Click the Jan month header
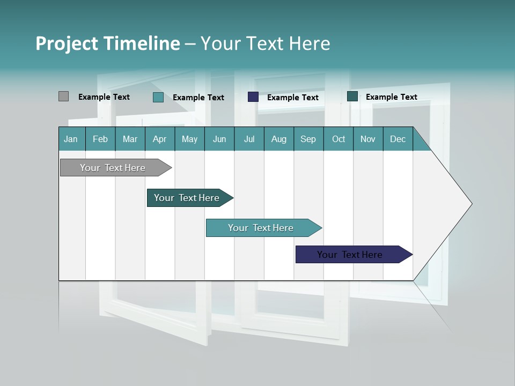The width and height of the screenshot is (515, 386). coord(71,139)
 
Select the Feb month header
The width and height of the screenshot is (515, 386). coord(100,139)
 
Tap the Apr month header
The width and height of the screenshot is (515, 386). coord(159,139)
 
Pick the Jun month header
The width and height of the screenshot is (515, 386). coord(219,139)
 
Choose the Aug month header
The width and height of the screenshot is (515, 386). coord(278,139)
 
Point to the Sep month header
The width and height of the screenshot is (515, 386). coord(308,139)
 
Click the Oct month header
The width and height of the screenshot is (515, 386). coord(339,139)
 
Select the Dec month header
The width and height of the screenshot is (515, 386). coord(398,139)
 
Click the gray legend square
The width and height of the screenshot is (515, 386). coord(63,96)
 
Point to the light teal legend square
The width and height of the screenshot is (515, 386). coord(158,97)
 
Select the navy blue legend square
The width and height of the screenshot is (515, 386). coord(253,97)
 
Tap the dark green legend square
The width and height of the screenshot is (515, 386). coord(352,96)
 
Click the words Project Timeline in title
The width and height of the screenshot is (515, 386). coord(108,43)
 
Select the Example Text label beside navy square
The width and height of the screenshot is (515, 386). coord(292,98)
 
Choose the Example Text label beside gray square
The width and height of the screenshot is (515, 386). coord(104,97)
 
